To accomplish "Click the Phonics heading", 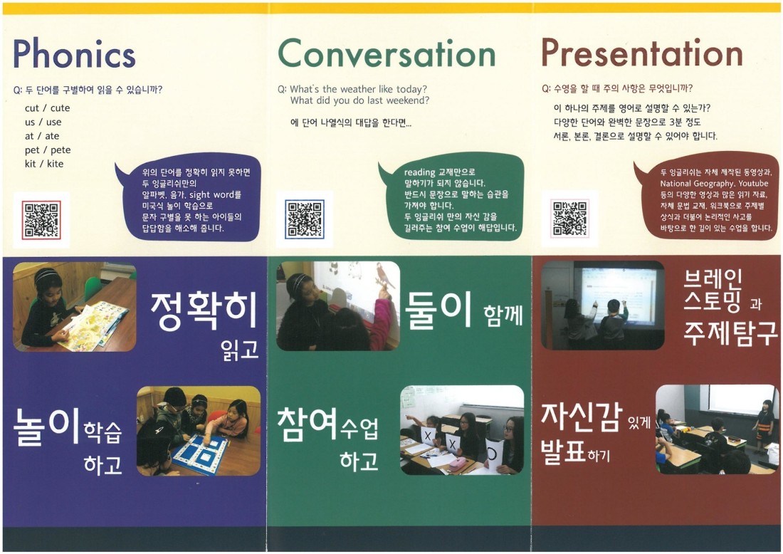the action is (x=74, y=54).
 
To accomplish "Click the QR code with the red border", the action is (x=41, y=220).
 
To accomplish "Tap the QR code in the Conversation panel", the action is (x=305, y=219).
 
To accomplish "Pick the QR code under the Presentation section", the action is (x=569, y=219).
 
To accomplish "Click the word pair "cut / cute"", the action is (x=48, y=108).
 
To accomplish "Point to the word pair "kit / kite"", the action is (x=44, y=164).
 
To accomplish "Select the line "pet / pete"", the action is (x=48, y=150).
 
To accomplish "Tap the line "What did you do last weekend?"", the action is (x=359, y=100).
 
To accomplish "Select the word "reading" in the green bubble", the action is (x=419, y=172).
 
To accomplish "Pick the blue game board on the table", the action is (x=201, y=453).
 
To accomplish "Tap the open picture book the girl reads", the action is (x=88, y=325).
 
